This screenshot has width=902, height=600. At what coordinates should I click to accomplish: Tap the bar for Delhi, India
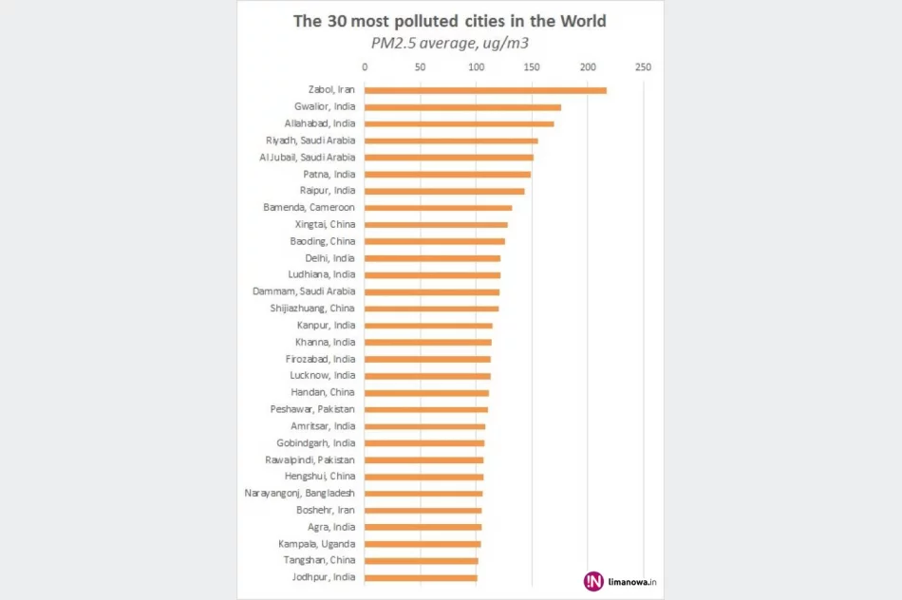pyautogui.click(x=432, y=258)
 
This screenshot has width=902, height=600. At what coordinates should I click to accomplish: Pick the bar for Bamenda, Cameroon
pyautogui.click(x=438, y=208)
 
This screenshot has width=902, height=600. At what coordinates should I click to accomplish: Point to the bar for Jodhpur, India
pyautogui.click(x=421, y=577)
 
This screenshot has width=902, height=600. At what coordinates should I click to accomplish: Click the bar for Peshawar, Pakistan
pyautogui.click(x=425, y=409)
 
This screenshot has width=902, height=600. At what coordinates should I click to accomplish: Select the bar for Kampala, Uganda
pyautogui.click(x=423, y=544)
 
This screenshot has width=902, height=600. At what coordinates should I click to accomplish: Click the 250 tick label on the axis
pyautogui.click(x=643, y=67)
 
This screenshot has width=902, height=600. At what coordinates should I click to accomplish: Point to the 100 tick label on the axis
pyautogui.click(x=476, y=67)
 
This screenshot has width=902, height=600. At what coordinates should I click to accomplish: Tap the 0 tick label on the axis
pyautogui.click(x=365, y=67)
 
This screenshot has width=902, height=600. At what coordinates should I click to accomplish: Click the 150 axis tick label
pyautogui.click(x=532, y=67)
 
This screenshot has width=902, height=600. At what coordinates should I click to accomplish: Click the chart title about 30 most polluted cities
pyautogui.click(x=450, y=21)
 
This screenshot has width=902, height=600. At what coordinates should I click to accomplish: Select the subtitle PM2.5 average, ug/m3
pyautogui.click(x=450, y=43)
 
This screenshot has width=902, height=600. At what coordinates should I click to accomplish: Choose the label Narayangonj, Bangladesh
pyautogui.click(x=300, y=494)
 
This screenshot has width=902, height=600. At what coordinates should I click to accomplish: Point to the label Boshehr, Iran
pyautogui.click(x=326, y=510)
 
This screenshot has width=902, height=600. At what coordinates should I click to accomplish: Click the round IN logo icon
pyautogui.click(x=594, y=581)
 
